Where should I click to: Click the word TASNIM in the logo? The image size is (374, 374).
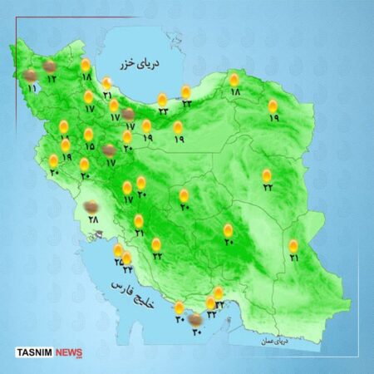pyautogui.click(x=34, y=352)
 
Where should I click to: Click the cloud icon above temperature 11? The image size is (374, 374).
pyautogui.click(x=31, y=76)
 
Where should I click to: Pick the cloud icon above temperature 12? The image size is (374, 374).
pyautogui.click(x=50, y=66)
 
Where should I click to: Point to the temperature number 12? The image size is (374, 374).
pyautogui.click(x=51, y=79)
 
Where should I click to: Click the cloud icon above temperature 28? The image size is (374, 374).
pyautogui.click(x=93, y=205)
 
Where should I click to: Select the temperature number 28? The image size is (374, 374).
pyautogui.click(x=93, y=219)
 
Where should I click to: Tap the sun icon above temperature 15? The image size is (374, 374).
pyautogui.click(x=88, y=134)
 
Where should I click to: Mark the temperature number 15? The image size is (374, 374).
pyautogui.click(x=89, y=146)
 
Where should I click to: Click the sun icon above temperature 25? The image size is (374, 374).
pyautogui.click(x=118, y=249)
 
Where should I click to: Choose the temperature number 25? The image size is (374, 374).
pyautogui.click(x=118, y=260)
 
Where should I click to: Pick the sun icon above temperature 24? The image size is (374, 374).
pyautogui.click(x=127, y=258)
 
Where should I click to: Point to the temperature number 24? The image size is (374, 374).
pyautogui.click(x=128, y=269)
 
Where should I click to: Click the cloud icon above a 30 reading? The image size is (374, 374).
pyautogui.click(x=194, y=319)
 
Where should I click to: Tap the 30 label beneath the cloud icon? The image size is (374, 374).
pyautogui.click(x=197, y=332)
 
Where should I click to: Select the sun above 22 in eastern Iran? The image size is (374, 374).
pyautogui.click(x=267, y=175)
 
